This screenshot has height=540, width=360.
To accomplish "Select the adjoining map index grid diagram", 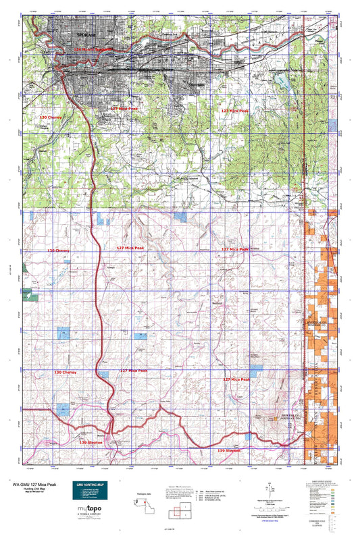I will click(x=181, y=507).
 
